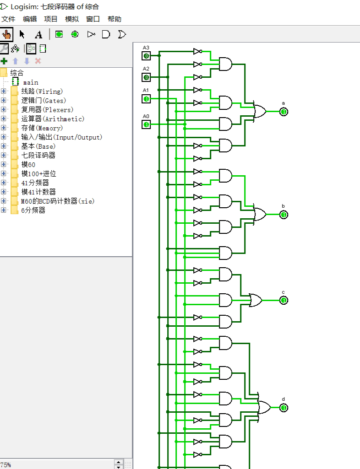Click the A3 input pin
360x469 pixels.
tap(146, 56)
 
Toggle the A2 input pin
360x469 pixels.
tap(146, 77)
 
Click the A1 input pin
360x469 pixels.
tap(146, 99)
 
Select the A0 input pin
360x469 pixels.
tap(146, 124)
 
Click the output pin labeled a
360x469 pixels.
tap(284, 112)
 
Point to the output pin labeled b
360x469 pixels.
tap(284, 215)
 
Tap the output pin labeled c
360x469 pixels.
tap(284, 300)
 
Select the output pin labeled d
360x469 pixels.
tap(284, 408)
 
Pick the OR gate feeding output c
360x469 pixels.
tap(256, 300)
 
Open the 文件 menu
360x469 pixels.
tap(8, 19)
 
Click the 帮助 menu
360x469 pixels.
tap(115, 19)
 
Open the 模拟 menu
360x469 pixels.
tap(72, 19)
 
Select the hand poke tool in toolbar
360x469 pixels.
tap(6, 34)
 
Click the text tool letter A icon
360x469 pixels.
tap(38, 34)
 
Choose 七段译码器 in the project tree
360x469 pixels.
tap(38, 156)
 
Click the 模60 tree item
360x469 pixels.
tap(28, 165)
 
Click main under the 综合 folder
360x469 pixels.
tap(31, 82)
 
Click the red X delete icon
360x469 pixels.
tap(38, 61)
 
